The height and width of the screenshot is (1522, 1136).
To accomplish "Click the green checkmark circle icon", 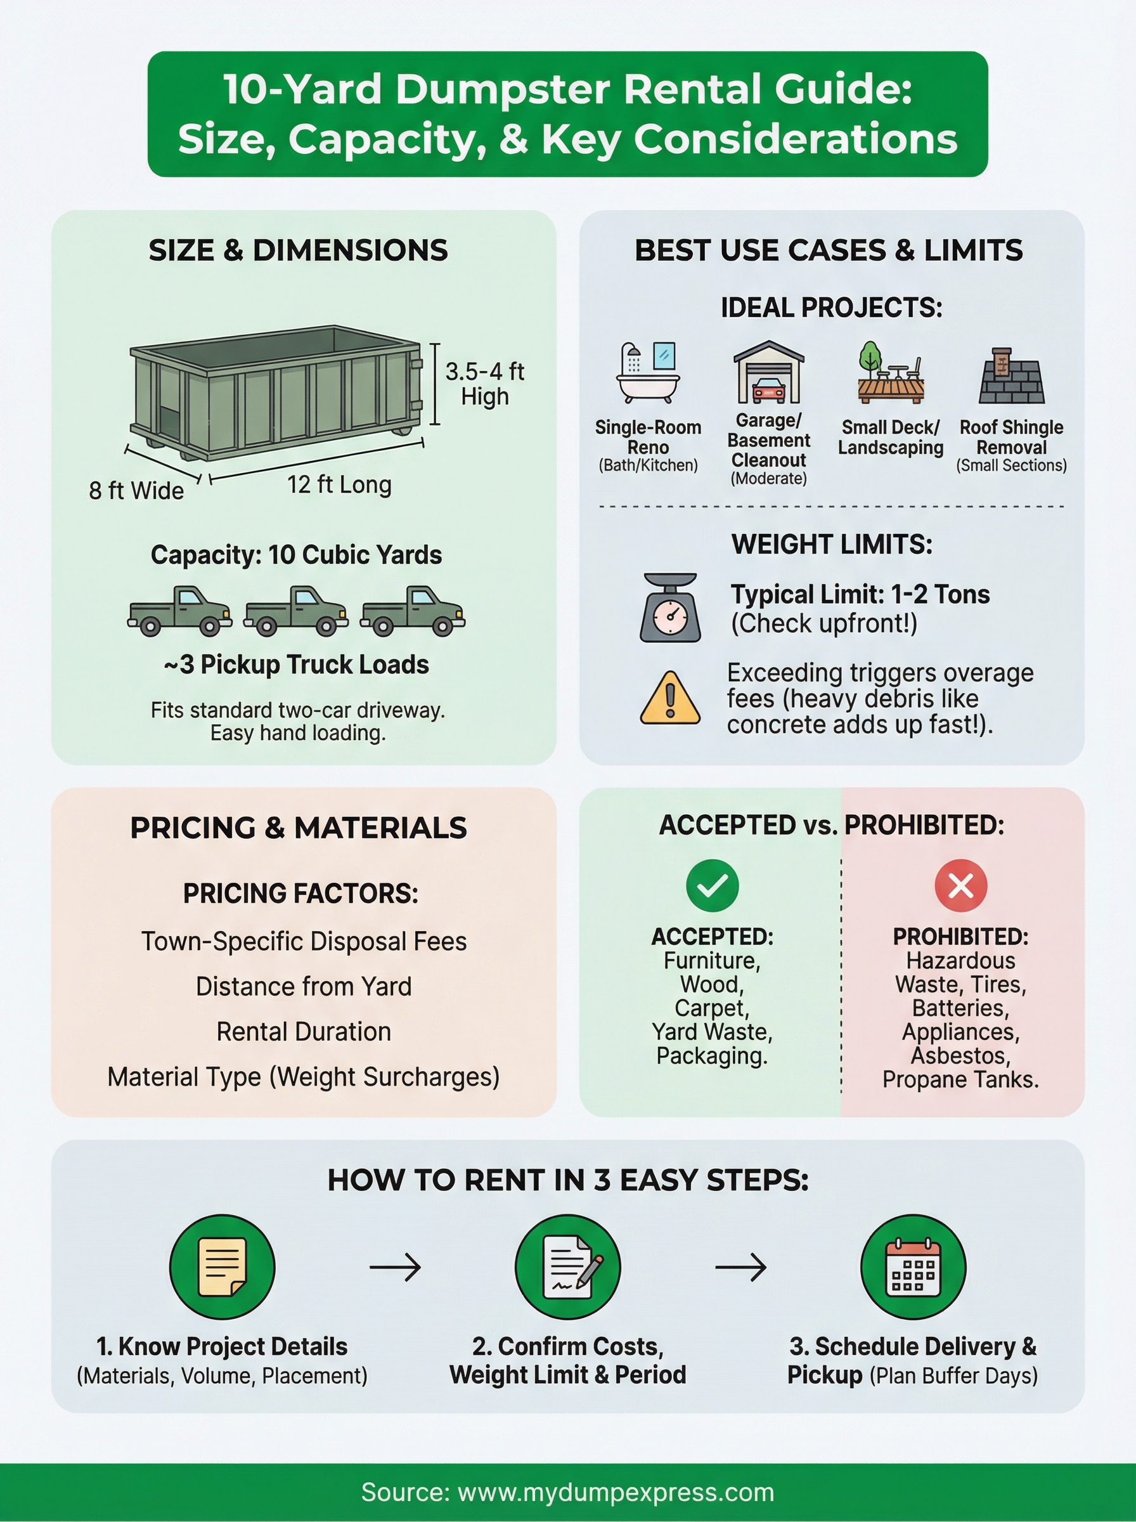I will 713,885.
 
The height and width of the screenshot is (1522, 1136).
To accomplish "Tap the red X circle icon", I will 960,885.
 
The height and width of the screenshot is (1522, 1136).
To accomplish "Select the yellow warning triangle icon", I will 670,699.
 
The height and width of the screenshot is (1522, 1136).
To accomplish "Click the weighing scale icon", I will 670,608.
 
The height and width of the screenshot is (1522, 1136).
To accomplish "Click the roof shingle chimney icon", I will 1011,375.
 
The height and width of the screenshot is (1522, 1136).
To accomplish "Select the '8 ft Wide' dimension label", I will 136,490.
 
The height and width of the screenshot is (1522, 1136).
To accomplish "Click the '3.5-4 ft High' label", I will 484,384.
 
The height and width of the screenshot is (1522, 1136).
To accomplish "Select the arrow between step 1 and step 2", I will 395,1267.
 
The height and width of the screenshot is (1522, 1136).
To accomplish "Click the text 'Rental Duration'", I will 303,1032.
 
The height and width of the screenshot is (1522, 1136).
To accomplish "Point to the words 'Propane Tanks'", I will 960,1079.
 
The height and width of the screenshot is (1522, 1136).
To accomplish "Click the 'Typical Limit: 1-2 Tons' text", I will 860,594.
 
